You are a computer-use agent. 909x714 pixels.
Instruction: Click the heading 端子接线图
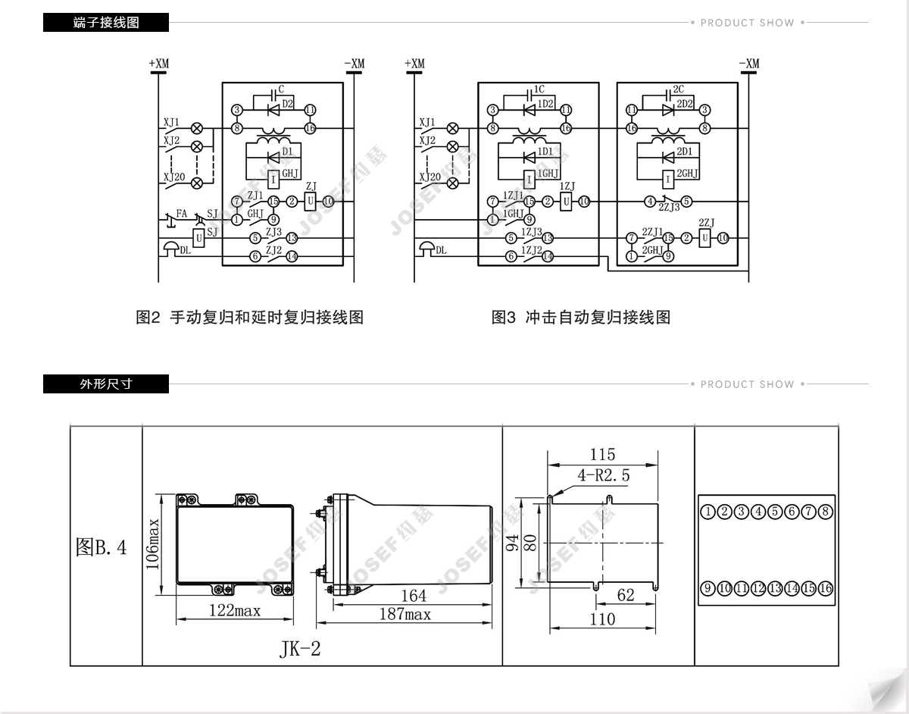pyautogui.click(x=106, y=23)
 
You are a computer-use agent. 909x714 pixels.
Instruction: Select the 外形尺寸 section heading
pyautogui.click(x=106, y=384)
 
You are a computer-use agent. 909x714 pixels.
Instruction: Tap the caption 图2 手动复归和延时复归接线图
pyautogui.click(x=250, y=317)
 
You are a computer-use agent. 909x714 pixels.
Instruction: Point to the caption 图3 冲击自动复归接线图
pyautogui.click(x=581, y=317)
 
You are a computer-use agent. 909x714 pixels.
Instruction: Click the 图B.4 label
pyautogui.click(x=102, y=547)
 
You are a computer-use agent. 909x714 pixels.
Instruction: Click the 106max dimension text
pyautogui.click(x=152, y=545)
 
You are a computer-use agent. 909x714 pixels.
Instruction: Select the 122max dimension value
pyautogui.click(x=235, y=610)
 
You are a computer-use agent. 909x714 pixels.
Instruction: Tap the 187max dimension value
pyautogui.click(x=405, y=614)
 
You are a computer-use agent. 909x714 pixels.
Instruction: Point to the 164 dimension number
pyautogui.click(x=414, y=596)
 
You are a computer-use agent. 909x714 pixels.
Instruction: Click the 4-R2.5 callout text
pyautogui.click(x=603, y=476)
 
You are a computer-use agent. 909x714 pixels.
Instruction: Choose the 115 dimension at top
pyautogui.click(x=602, y=455)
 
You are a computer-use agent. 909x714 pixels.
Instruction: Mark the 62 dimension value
pyautogui.click(x=625, y=595)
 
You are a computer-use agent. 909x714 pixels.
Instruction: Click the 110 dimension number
pyautogui.click(x=602, y=619)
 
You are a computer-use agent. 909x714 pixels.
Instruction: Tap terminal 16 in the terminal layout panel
pyautogui.click(x=825, y=588)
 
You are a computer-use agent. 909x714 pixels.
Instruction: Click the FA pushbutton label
pyautogui.click(x=182, y=213)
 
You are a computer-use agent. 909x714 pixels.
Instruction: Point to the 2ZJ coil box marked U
pyautogui.click(x=704, y=238)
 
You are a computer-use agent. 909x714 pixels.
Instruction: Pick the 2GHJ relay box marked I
pyautogui.click(x=667, y=179)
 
